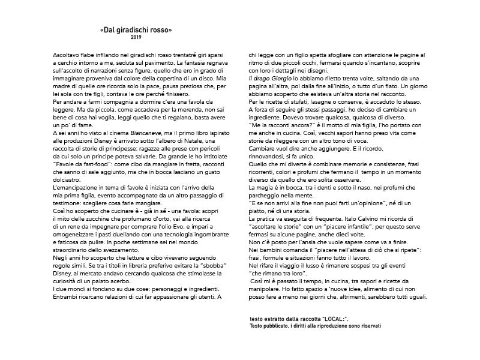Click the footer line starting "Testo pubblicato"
pyautogui.click(x=316, y=326)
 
